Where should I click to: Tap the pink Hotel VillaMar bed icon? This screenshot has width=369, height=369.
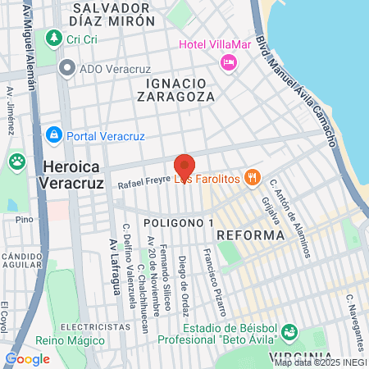(x=229, y=61)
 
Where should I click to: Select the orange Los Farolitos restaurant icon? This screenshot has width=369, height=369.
(x=253, y=176)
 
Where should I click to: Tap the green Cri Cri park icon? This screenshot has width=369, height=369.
(x=54, y=38)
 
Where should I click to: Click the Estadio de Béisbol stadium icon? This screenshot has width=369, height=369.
(x=289, y=332)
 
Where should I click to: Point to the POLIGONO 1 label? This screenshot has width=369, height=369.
(x=177, y=223)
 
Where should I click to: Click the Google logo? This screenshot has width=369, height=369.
(x=27, y=358)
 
